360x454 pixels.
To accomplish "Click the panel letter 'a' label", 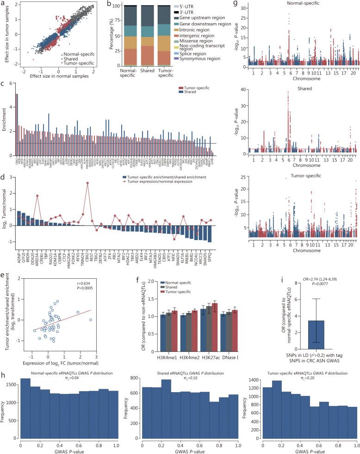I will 3,3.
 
